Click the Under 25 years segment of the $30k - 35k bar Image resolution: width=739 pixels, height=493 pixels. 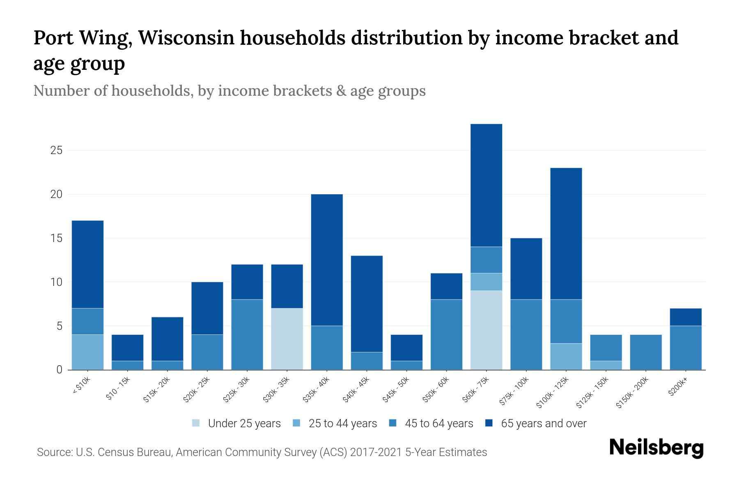[x=287, y=339]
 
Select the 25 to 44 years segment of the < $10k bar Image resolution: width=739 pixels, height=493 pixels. [x=87, y=352]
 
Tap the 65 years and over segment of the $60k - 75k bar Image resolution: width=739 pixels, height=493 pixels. [x=486, y=185]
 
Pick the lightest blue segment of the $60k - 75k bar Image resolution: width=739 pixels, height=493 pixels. [x=486, y=330]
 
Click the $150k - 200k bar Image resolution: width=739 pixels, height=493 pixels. [x=646, y=352]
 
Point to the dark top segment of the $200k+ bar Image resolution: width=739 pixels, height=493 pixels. [x=686, y=317]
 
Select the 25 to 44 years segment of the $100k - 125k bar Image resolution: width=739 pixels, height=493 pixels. [x=566, y=356]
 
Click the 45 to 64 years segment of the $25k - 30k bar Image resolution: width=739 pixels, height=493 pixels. [x=247, y=334]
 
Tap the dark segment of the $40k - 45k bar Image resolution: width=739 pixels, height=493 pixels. [x=367, y=304]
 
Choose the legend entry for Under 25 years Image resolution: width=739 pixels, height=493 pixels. [x=244, y=424]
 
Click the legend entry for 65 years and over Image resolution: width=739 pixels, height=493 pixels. [x=543, y=424]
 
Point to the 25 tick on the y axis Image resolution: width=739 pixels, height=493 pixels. [x=56, y=150]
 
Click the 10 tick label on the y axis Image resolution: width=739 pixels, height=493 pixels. [x=56, y=282]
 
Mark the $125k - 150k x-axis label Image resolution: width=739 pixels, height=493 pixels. [x=592, y=393]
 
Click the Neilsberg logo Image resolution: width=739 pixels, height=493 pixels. [x=656, y=448]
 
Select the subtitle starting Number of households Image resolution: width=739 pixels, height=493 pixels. [x=229, y=91]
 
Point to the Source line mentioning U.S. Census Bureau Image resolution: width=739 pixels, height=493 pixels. [x=262, y=452]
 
